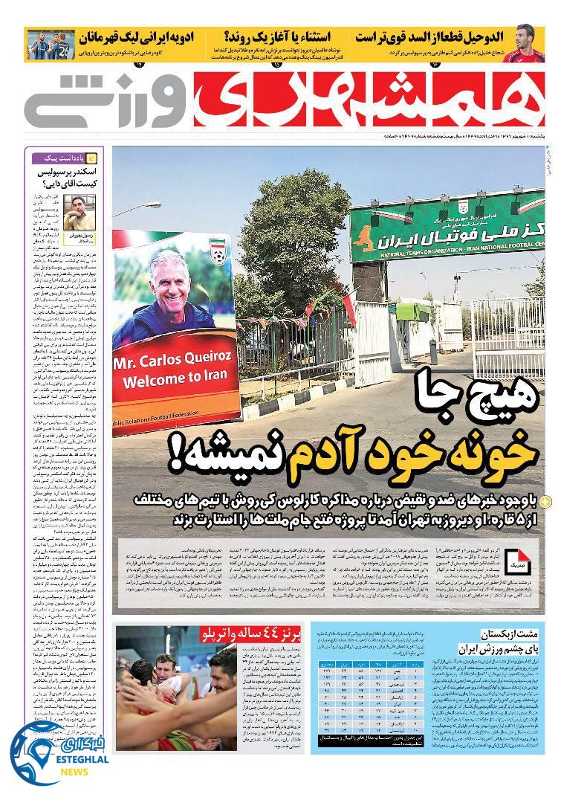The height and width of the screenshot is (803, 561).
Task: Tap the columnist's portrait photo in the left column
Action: [78, 211]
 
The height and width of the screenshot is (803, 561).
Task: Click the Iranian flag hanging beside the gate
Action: [348, 306]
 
